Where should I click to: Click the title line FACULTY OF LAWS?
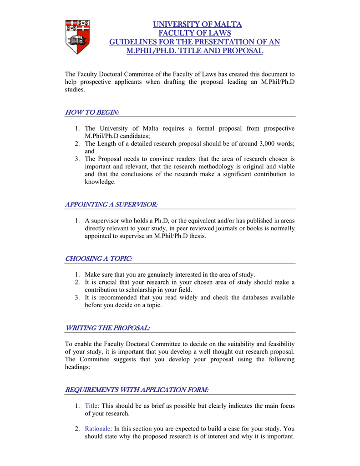click(x=194, y=33)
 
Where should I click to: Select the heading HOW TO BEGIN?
click(x=92, y=112)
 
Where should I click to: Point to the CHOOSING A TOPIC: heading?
click(x=99, y=258)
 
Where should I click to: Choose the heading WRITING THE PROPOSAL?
click(x=108, y=328)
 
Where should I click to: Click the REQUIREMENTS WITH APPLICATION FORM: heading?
click(x=137, y=390)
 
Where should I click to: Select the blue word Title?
click(x=92, y=405)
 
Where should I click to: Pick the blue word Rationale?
click(x=98, y=428)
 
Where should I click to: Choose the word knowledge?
click(x=100, y=182)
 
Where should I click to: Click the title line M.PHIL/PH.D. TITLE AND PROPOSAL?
click(x=194, y=51)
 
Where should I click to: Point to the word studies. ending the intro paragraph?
click(x=75, y=90)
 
